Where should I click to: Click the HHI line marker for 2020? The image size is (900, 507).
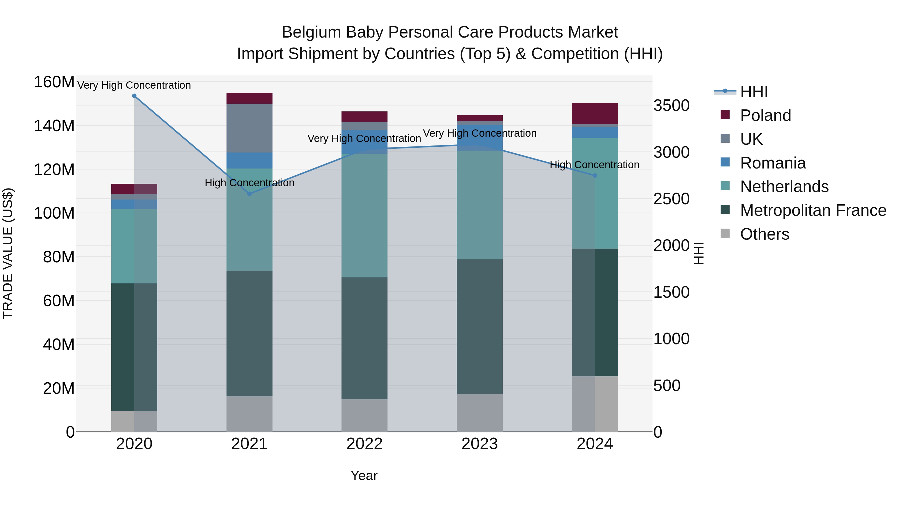pyautogui.click(x=134, y=96)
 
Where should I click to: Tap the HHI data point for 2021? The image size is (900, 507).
pyautogui.click(x=249, y=194)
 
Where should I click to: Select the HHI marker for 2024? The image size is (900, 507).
pyautogui.click(x=595, y=176)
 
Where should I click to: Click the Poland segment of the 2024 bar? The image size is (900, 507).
pyautogui.click(x=595, y=114)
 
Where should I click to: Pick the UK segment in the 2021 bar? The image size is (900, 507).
pyautogui.click(x=249, y=128)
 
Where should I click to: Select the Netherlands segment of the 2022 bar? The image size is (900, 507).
pyautogui.click(x=364, y=216)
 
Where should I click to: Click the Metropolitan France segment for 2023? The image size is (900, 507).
pyautogui.click(x=480, y=326)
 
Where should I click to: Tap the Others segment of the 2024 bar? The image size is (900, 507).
pyautogui.click(x=595, y=404)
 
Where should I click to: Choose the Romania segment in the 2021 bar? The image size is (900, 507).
pyautogui.click(x=249, y=160)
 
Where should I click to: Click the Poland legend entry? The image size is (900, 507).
pyautogui.click(x=765, y=115)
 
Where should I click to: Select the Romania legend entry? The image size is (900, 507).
pyautogui.click(x=772, y=163)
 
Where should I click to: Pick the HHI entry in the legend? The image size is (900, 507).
pyautogui.click(x=753, y=92)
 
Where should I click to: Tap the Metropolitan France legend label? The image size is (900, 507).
pyautogui.click(x=813, y=210)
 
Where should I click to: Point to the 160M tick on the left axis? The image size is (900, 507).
pyautogui.click(x=54, y=82)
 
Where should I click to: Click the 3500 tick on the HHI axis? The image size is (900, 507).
pyautogui.click(x=671, y=106)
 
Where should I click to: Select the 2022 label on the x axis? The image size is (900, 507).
pyautogui.click(x=364, y=444)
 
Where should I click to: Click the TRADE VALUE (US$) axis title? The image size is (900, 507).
pyautogui.click(x=8, y=253)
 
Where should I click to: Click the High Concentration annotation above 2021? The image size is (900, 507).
pyautogui.click(x=249, y=183)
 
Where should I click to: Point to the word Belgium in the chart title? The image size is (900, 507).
pyautogui.click(x=311, y=32)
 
